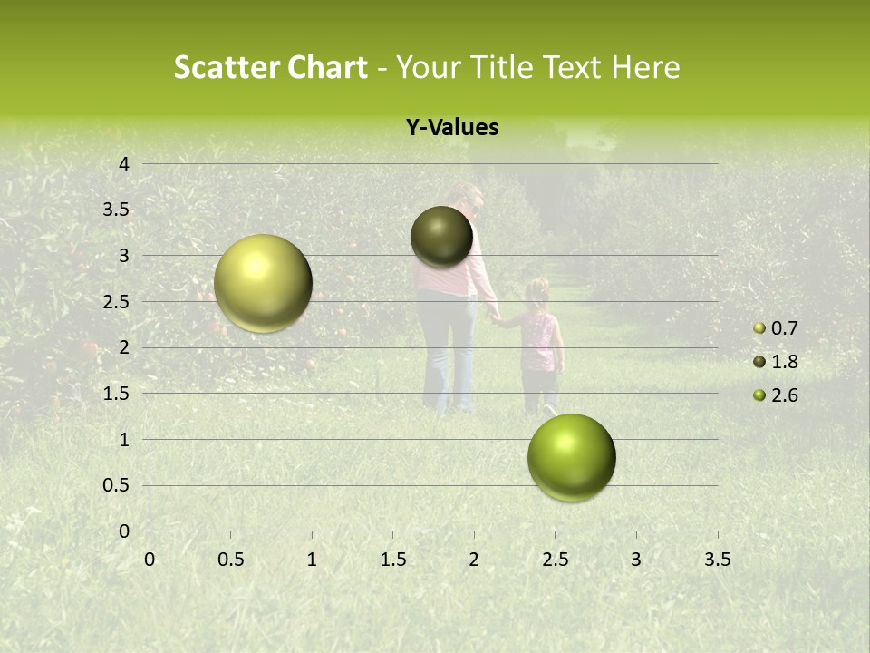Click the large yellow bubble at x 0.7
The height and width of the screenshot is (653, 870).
(263, 283)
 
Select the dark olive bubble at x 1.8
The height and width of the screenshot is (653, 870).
(441, 237)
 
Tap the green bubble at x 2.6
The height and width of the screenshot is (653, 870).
(571, 457)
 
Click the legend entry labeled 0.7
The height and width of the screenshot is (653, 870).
(783, 328)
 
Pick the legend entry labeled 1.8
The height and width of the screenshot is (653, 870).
(783, 362)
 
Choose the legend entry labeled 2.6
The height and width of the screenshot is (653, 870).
(783, 395)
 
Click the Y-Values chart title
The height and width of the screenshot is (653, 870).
(452, 128)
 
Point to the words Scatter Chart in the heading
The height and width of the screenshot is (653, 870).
(270, 67)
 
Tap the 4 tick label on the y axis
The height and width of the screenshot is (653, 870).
(124, 164)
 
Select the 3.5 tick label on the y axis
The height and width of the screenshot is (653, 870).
(116, 210)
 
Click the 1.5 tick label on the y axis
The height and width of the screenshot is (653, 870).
(116, 394)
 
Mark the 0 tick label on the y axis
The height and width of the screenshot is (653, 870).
(124, 531)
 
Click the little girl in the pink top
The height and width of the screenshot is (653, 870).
(539, 345)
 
